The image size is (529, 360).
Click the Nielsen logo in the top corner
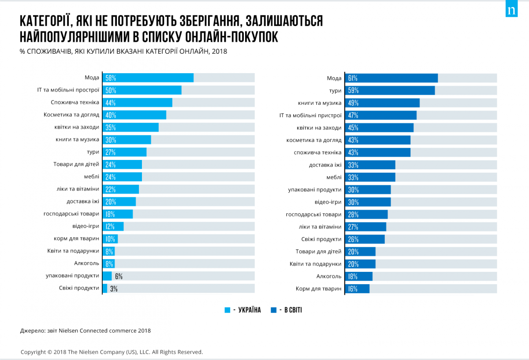point(511,10)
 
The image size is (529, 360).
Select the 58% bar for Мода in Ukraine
point(148,78)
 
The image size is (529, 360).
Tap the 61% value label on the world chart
point(352,78)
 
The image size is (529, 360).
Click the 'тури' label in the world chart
point(335,90)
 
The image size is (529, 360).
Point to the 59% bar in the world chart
point(390,90)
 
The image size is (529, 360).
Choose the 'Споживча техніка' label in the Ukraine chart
point(71,103)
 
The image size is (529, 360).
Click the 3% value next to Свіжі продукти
point(114,289)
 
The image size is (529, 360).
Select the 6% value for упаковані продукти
point(119,277)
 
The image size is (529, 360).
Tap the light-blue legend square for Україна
point(227,310)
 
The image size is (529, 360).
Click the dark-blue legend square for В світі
point(274,310)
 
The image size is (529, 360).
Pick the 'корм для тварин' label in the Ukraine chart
point(76,238)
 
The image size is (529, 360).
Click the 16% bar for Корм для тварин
point(357,289)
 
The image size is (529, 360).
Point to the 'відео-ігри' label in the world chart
point(328,202)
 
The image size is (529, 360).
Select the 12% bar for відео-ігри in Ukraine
point(113,226)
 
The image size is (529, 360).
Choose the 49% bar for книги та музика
point(382,103)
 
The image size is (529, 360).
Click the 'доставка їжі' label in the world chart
point(325,165)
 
